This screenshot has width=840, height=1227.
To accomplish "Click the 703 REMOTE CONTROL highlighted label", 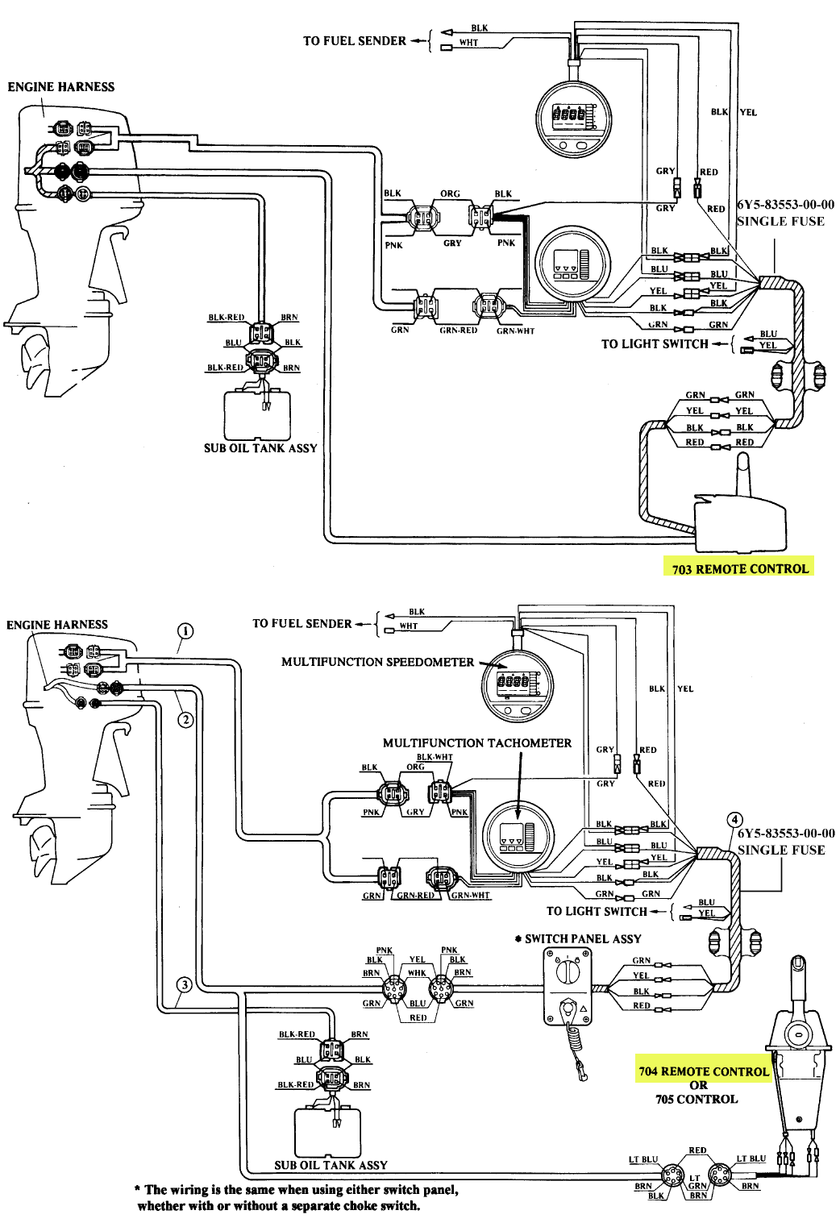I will click(739, 568).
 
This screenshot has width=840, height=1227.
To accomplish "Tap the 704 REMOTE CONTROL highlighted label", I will click(703, 1071).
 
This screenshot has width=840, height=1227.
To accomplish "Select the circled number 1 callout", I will click(185, 630).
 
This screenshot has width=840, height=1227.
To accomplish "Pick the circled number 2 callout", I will click(185, 719).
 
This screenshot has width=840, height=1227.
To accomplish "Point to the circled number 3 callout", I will click(185, 984).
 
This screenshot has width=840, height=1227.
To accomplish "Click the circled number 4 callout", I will click(734, 821).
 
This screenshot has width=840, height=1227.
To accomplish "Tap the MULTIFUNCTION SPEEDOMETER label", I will click(377, 662).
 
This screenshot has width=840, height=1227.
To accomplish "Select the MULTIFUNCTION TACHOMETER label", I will click(476, 742).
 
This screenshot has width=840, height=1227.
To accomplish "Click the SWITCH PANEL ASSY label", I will click(582, 938).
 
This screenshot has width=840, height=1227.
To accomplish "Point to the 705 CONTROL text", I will click(697, 1099).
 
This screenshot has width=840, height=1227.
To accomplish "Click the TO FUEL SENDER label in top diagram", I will click(355, 40).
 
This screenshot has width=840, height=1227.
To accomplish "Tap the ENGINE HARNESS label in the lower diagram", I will click(57, 624).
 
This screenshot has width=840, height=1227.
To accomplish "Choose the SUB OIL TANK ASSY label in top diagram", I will click(260, 448).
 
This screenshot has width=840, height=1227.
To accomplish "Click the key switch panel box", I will click(568, 984).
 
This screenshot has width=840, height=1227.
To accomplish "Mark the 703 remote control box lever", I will click(743, 476).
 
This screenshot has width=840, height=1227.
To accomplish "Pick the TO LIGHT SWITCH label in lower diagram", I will click(597, 911).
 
